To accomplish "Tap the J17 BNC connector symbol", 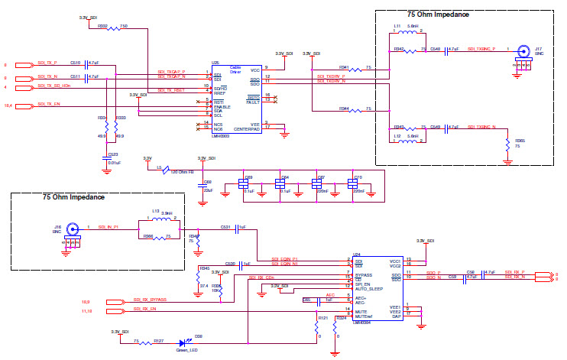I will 524,53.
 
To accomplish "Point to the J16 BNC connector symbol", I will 73,229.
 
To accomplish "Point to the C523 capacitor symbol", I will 106,157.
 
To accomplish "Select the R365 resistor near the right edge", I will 507,143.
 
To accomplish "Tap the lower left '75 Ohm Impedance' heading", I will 73,198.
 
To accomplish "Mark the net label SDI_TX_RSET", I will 171,90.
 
